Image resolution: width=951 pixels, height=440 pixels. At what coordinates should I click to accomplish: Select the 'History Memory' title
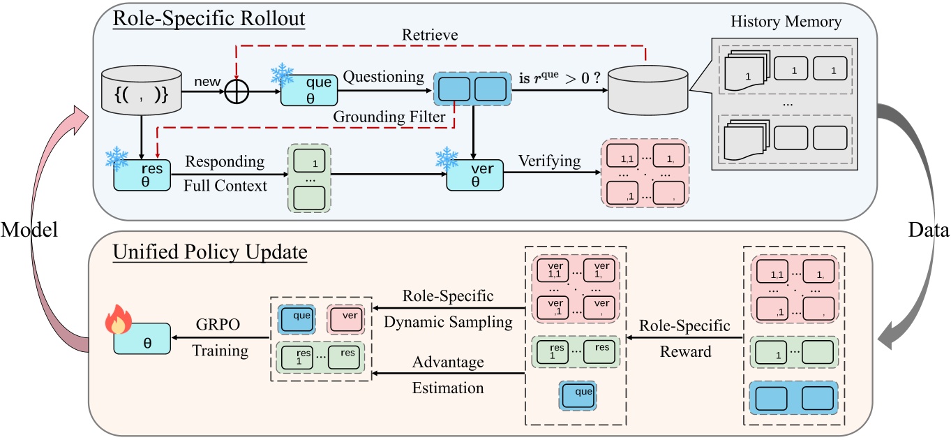(787, 21)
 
